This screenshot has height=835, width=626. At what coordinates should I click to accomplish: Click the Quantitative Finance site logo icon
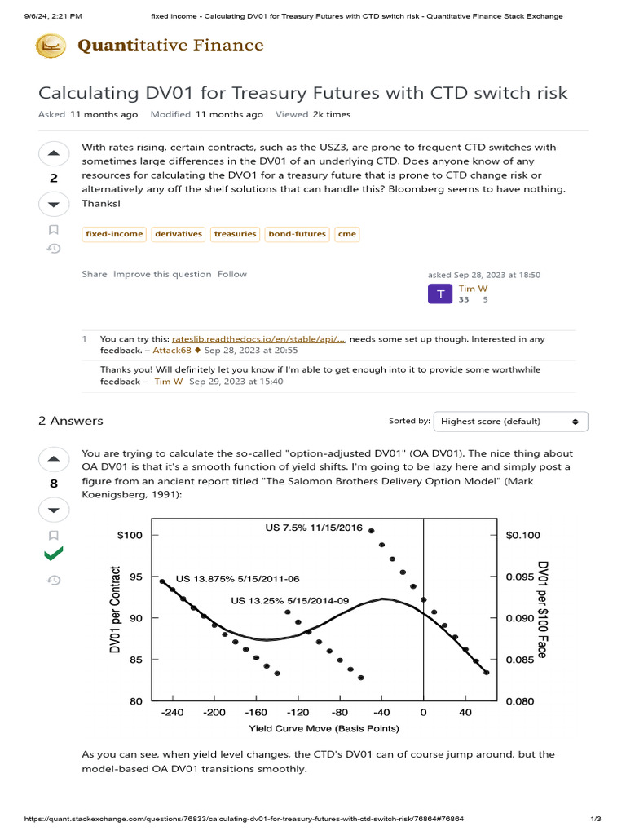pyautogui.click(x=51, y=46)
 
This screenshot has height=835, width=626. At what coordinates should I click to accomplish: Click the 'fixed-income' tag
pyautogui.click(x=114, y=234)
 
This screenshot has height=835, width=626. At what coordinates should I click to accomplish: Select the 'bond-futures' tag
pyautogui.click(x=298, y=234)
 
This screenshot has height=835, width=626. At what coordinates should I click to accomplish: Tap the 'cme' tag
pyautogui.click(x=346, y=234)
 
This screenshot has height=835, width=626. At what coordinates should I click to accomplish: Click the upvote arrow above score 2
pyautogui.click(x=54, y=153)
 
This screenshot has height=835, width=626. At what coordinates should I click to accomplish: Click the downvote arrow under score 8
pyautogui.click(x=54, y=510)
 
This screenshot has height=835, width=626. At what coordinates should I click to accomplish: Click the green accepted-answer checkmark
pyautogui.click(x=54, y=554)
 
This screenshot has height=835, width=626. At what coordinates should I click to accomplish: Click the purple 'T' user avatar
pyautogui.click(x=440, y=294)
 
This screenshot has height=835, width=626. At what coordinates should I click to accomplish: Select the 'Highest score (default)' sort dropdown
pyautogui.click(x=510, y=422)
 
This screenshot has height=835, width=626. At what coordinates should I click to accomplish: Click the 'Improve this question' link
pyautogui.click(x=162, y=275)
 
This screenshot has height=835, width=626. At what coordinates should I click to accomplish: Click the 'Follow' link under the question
pyautogui.click(x=231, y=275)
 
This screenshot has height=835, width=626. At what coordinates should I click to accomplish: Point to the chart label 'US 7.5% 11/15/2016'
pyautogui.click(x=314, y=528)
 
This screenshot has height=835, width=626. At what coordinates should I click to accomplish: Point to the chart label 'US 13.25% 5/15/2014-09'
pyautogui.click(x=289, y=601)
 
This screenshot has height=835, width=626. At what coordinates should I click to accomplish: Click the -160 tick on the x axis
pyautogui.click(x=256, y=713)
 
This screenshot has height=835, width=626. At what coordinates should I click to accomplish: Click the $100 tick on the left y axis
pyautogui.click(x=131, y=535)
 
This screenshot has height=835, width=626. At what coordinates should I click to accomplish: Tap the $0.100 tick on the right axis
pyautogui.click(x=522, y=535)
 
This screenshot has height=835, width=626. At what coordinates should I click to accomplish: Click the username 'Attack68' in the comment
pyautogui.click(x=172, y=351)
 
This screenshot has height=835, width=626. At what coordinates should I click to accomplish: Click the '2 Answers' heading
pyautogui.click(x=71, y=421)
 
